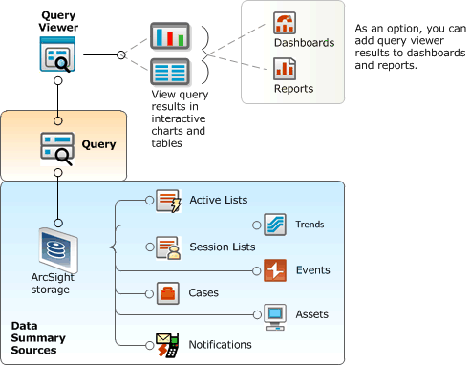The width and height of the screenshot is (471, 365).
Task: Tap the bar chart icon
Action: [x=171, y=37]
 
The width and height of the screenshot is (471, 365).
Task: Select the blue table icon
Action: [x=171, y=73]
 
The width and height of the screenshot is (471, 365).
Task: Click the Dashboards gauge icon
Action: [x=284, y=23]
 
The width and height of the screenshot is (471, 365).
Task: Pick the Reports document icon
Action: [x=284, y=68]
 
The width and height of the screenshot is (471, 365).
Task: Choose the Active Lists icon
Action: [x=169, y=201]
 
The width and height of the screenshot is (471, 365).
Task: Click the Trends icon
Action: [x=275, y=225]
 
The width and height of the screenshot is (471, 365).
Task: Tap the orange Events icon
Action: [x=275, y=270]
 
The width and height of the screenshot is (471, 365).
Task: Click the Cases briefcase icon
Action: [x=169, y=292]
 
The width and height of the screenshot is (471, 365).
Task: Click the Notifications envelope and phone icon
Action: [x=169, y=344]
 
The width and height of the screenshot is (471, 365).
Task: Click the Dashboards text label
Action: [x=304, y=43]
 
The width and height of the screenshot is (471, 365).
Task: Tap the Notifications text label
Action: [x=221, y=344]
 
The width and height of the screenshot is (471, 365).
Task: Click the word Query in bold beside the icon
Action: [x=97, y=145]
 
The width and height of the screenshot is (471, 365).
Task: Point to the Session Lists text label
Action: [x=223, y=247]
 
